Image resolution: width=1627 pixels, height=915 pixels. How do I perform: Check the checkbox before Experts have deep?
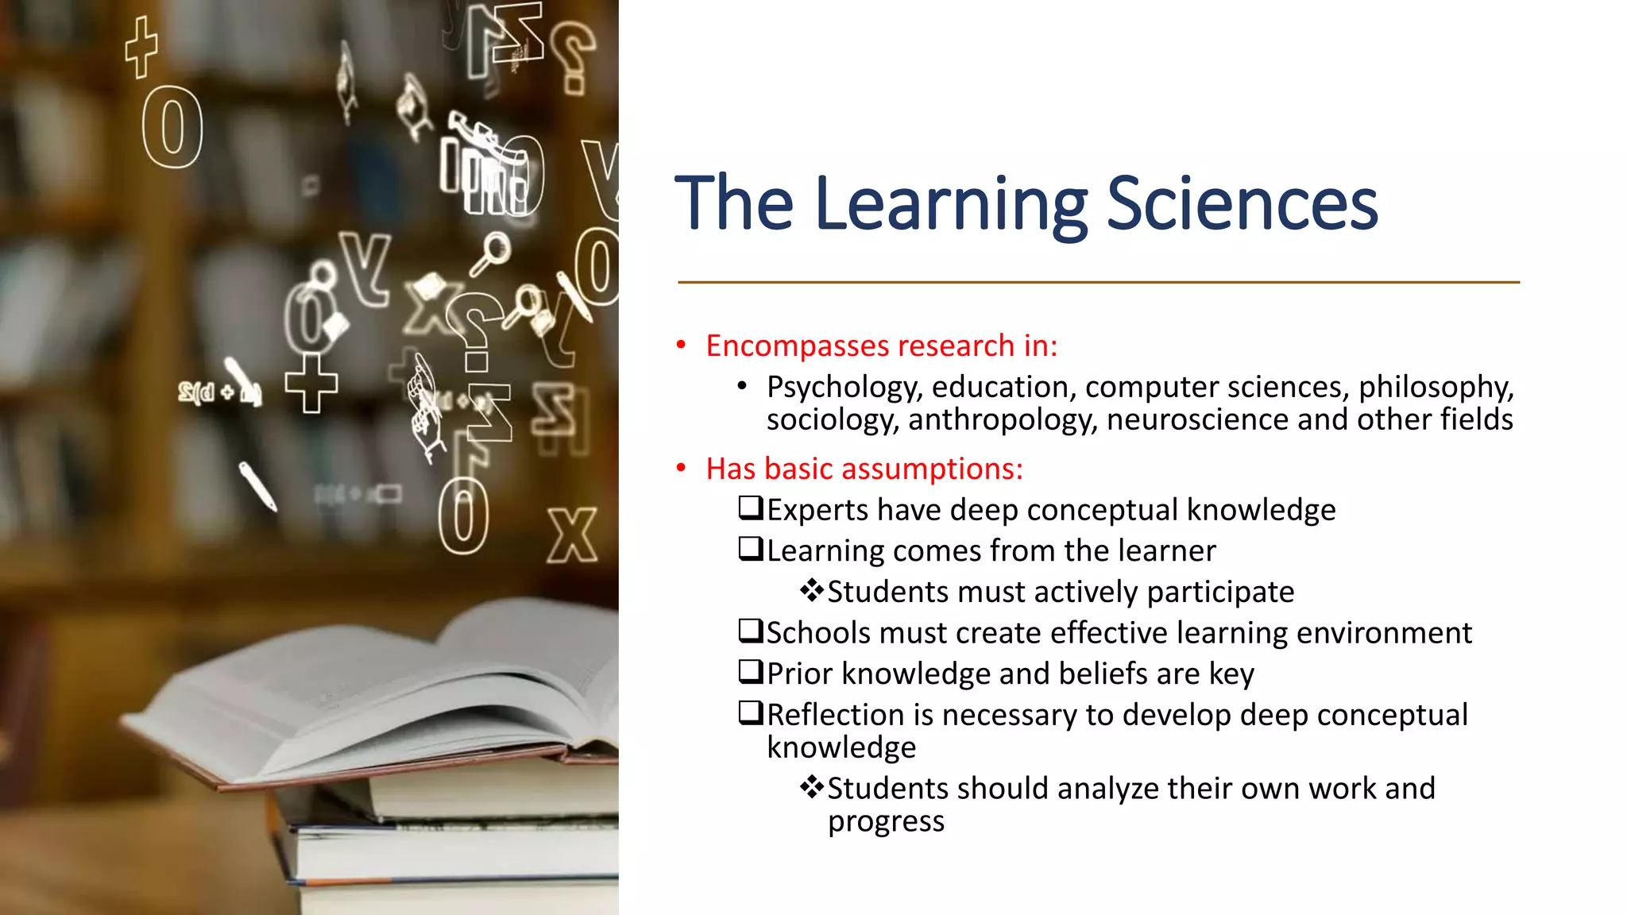pyautogui.click(x=750, y=508)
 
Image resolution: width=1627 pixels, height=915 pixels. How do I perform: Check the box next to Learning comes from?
pyautogui.click(x=750, y=549)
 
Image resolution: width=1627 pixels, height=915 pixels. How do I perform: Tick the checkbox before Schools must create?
pyautogui.click(x=750, y=631)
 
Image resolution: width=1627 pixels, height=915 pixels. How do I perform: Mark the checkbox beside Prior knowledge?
pyautogui.click(x=750, y=672)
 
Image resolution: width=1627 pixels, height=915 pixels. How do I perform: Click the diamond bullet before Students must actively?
pyautogui.click(x=811, y=590)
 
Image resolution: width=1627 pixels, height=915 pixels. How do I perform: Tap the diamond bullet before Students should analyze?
pyautogui.click(x=811, y=787)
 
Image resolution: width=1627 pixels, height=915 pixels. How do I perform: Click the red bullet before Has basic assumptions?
pyautogui.click(x=681, y=469)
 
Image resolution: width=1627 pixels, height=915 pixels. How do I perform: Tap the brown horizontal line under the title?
pyautogui.click(x=1098, y=282)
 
